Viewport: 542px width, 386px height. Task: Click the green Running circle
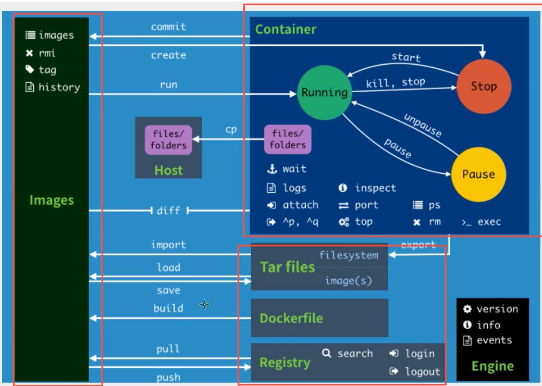point(324,93)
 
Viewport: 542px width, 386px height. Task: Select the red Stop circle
point(483,86)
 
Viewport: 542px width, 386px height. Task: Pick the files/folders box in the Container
point(288,140)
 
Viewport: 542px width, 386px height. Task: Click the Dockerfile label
point(291,318)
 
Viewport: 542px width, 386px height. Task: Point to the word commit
point(168,27)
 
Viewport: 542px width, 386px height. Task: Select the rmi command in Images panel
point(46,53)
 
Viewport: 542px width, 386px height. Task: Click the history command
point(59,87)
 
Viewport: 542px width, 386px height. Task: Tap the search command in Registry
point(354,354)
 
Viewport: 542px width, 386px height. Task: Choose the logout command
point(422,371)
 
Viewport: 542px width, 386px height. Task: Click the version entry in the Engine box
point(497,309)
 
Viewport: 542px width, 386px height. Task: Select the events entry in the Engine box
point(494,341)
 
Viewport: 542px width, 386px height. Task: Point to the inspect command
point(375,188)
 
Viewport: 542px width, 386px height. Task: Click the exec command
point(489,222)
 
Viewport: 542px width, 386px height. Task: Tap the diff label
point(168,210)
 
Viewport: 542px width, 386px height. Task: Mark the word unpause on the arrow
point(423,126)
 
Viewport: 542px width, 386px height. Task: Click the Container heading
point(286,29)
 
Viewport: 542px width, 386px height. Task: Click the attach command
point(300,205)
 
